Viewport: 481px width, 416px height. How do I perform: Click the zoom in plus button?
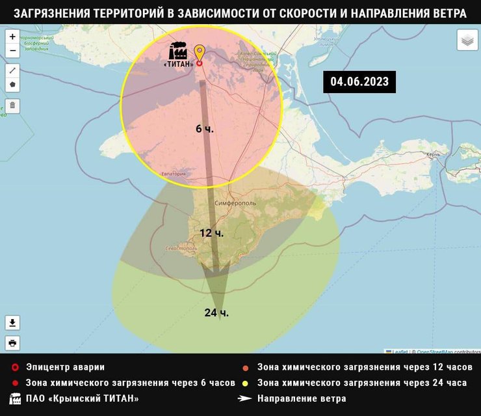12,37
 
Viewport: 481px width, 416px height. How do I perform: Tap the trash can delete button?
12,105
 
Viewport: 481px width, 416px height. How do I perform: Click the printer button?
12,342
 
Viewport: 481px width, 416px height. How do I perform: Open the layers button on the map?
467,41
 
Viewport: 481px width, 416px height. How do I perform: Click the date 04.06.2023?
359,81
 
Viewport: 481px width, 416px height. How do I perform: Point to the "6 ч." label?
205,129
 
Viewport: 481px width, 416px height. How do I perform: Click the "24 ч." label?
216,312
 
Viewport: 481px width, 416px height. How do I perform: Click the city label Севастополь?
182,248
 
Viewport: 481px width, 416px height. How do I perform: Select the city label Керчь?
433,155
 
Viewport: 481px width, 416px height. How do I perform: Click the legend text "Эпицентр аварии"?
65,367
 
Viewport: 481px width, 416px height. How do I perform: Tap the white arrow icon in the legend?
244,398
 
